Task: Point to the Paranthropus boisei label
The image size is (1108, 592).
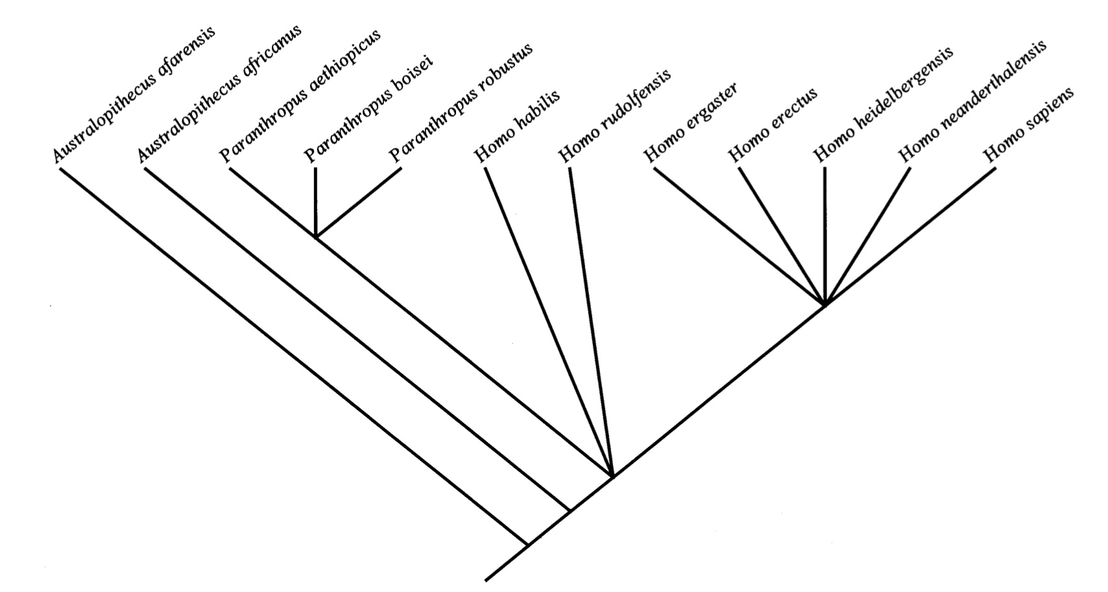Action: click(x=368, y=111)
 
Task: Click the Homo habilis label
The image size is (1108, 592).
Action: click(x=517, y=126)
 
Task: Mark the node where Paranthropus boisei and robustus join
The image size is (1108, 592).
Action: click(x=315, y=237)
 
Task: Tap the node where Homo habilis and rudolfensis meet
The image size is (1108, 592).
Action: click(x=612, y=477)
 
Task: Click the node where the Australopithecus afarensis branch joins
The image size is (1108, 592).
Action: click(x=527, y=544)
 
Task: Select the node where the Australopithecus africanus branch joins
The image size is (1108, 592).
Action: click(x=569, y=511)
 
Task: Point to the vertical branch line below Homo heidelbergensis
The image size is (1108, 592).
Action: click(x=825, y=233)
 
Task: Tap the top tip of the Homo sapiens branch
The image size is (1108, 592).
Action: click(x=995, y=169)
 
